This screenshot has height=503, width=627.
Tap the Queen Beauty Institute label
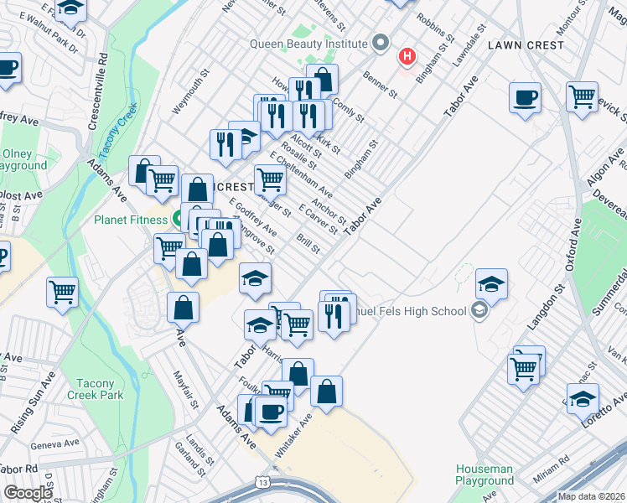[308, 44]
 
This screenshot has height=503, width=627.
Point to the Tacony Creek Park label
[95, 389]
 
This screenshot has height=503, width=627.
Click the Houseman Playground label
[484, 475]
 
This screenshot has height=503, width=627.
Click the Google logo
[28, 493]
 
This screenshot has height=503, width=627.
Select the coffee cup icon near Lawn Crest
[525, 98]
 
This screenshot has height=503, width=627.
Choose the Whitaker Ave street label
[293, 434]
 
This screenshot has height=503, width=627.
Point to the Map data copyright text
[592, 496]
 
